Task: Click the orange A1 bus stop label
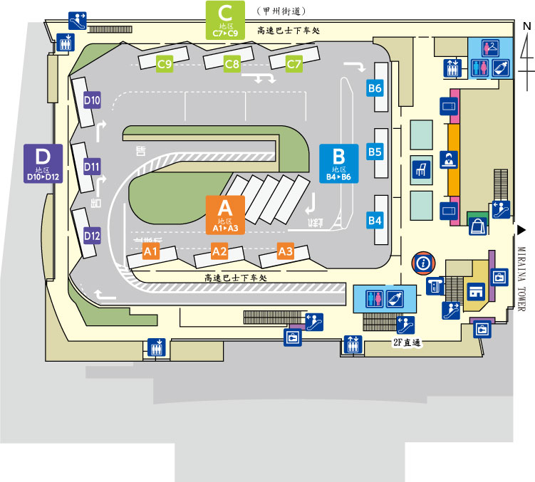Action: (150, 251)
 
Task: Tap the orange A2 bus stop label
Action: (219, 251)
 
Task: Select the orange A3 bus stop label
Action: (286, 251)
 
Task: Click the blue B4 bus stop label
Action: (375, 220)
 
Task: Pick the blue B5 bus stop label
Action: (375, 152)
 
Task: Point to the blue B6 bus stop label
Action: (375, 88)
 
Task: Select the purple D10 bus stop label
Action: (92, 100)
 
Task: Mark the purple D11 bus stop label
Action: (92, 167)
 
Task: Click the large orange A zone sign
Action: (225, 214)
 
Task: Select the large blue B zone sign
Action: (339, 164)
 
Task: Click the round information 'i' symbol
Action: (424, 263)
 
